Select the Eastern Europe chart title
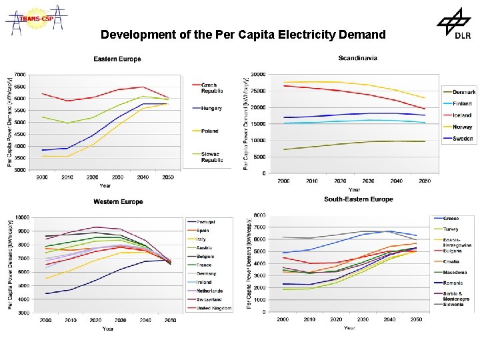117,59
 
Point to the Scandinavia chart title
358,58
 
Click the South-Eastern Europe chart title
359,199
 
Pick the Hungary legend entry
211,108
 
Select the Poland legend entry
210,131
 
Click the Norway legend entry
463,127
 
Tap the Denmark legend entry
464,92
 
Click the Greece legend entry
451,219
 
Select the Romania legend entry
453,283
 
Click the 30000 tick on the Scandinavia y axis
257,74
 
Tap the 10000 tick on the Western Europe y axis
21,217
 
